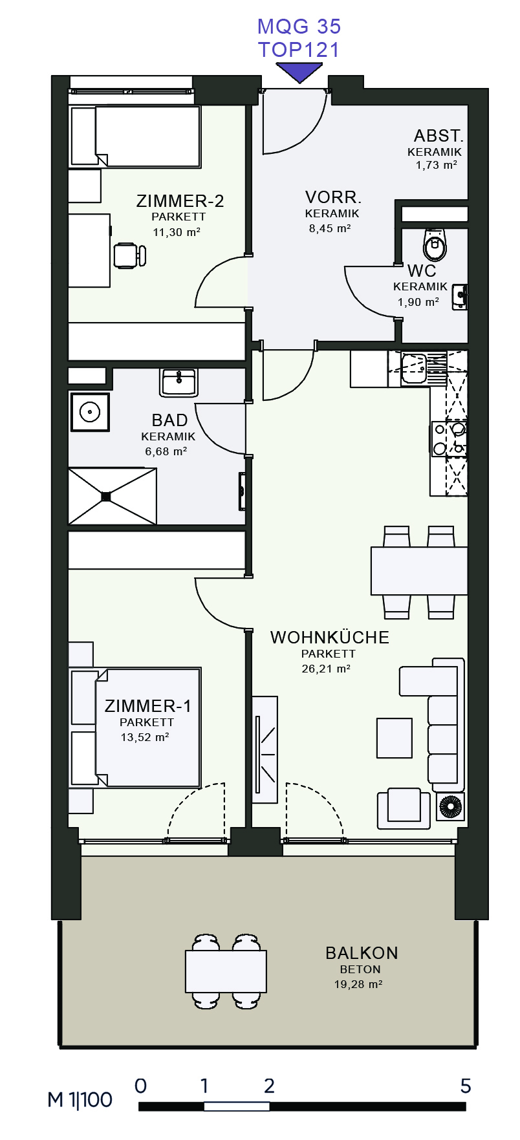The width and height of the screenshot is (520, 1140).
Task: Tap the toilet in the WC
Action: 435,243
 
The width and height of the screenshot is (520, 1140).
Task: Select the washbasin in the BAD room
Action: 179,382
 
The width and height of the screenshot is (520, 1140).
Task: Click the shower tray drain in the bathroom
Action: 106,497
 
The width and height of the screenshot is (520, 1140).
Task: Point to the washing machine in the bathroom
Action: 89,411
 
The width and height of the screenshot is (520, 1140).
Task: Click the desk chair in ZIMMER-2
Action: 129,255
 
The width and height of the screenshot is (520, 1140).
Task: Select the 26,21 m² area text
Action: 326,669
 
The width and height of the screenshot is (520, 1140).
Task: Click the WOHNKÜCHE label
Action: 330,638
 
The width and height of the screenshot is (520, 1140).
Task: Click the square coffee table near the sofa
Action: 395,738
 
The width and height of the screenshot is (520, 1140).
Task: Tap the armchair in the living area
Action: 404,808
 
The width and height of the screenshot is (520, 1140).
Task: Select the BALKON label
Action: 362,953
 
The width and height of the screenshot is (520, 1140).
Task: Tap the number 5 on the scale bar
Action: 466,1086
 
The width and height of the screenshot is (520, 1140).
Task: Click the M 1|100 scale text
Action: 80,1100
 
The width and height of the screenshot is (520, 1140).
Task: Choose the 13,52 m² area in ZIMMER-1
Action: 145,737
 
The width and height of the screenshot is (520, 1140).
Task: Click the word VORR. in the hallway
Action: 333,197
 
